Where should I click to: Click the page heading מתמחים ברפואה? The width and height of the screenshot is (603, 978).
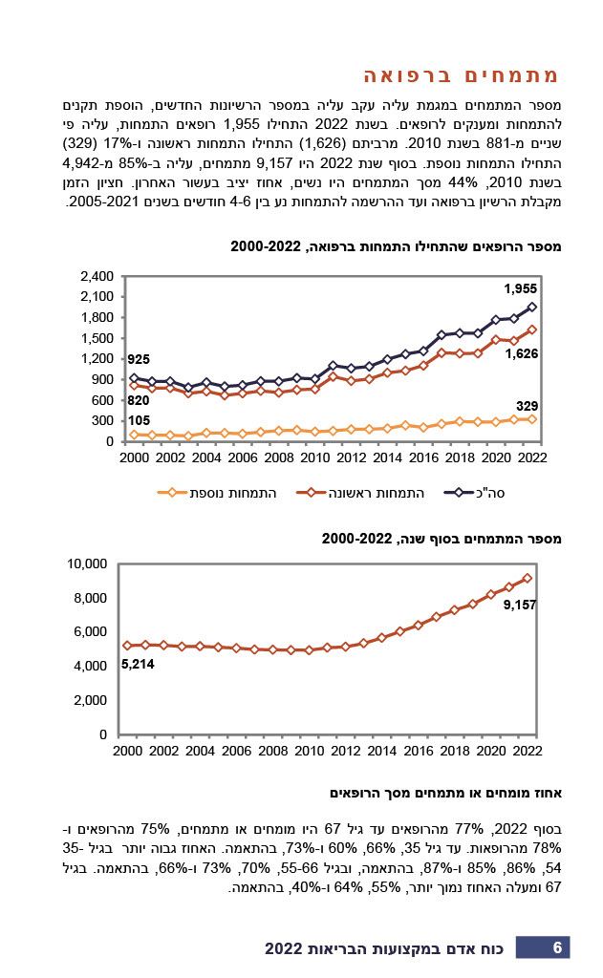tap(462, 75)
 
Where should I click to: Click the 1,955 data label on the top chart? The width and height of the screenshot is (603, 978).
tap(521, 288)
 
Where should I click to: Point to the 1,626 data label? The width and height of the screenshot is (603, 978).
tap(521, 353)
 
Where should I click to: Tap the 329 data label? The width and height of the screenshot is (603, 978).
tap(527, 406)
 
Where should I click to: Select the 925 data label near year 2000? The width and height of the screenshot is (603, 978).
tap(139, 359)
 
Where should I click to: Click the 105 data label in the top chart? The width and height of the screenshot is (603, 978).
tap(139, 420)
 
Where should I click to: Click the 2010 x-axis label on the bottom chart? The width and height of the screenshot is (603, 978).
tap(309, 751)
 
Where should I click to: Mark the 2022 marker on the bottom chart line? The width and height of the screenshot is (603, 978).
tap(527, 578)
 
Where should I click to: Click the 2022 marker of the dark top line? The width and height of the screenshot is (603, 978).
tap(532, 307)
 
